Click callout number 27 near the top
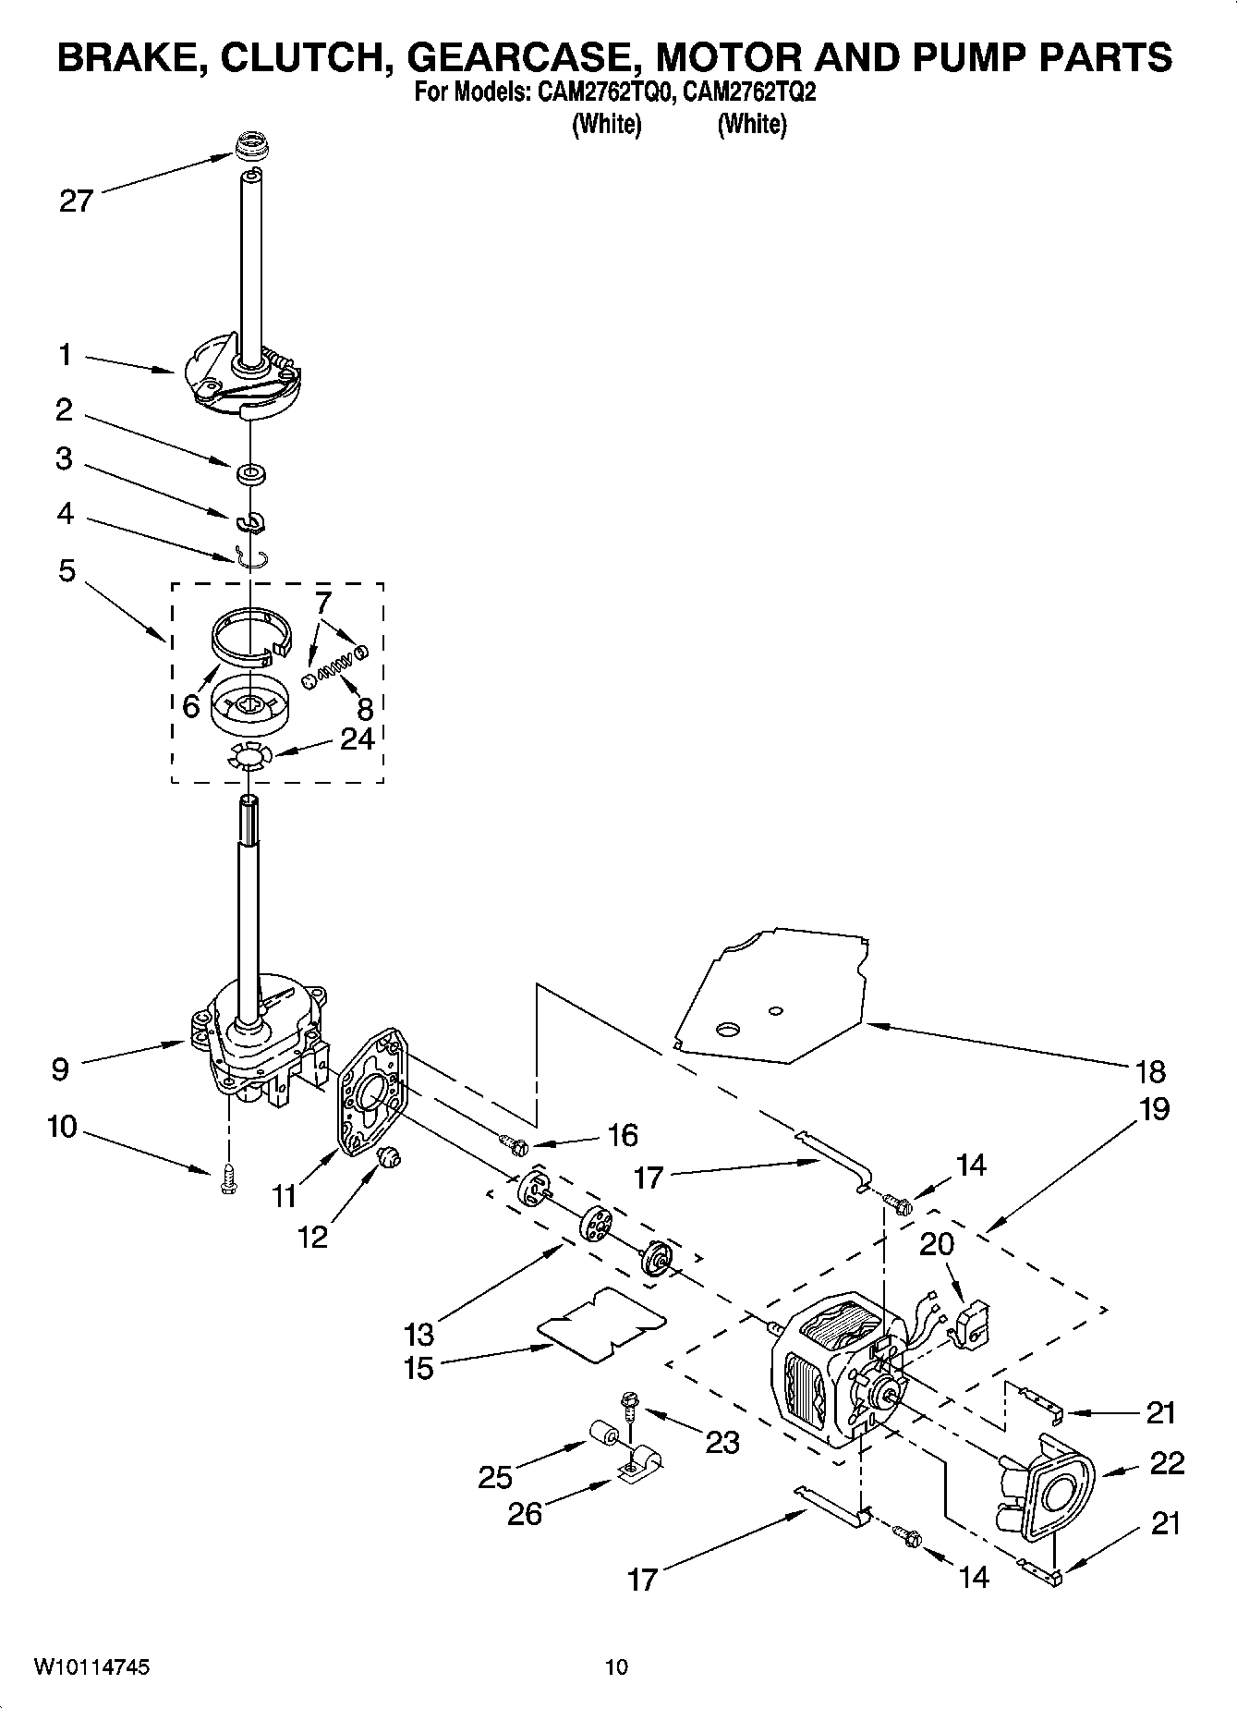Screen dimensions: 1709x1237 click(76, 201)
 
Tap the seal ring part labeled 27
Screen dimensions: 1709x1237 click(247, 146)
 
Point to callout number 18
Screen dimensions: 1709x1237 click(1151, 1071)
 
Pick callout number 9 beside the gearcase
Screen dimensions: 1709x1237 click(59, 1069)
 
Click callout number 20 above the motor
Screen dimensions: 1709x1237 click(936, 1244)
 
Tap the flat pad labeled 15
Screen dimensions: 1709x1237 click(601, 1324)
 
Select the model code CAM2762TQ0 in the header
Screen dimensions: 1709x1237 click(597, 92)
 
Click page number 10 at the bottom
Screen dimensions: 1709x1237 click(616, 1667)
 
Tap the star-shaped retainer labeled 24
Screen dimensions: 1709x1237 click(248, 758)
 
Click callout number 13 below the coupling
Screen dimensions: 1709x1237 click(418, 1334)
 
